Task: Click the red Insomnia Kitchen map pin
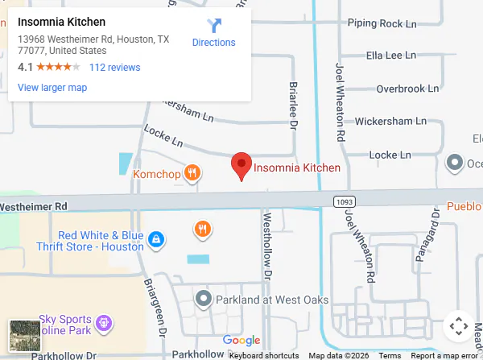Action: coord(241,166)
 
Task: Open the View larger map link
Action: coord(52,88)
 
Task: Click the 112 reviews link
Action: coord(114,68)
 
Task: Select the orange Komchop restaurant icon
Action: coord(192,172)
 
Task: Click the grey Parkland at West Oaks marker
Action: coord(204,300)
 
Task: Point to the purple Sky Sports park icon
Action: coord(103,325)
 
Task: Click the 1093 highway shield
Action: coord(344,198)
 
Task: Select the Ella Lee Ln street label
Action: coord(391,56)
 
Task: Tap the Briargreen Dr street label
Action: coord(153,298)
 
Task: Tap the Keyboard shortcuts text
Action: coord(264,355)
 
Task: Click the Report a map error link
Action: coord(444,355)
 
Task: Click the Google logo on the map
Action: coord(242,341)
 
